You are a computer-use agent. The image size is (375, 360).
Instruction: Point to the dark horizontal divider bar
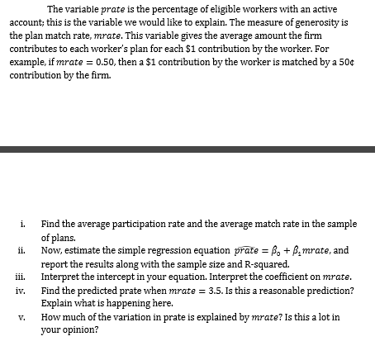point(187,149)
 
